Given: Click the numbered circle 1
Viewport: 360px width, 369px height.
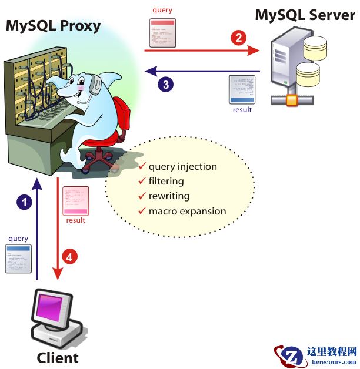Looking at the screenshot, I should click(24, 202).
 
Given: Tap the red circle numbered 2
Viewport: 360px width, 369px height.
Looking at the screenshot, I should click(238, 39).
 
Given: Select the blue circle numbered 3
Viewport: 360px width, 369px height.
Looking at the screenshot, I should click(166, 85).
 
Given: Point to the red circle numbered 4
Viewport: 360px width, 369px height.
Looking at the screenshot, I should click(69, 257).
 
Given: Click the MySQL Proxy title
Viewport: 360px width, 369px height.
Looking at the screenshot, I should click(54, 26).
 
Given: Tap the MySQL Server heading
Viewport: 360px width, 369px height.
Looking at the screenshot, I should click(304, 15).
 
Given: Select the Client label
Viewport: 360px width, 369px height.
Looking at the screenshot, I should click(58, 357).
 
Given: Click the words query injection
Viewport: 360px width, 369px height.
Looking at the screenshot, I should click(182, 166).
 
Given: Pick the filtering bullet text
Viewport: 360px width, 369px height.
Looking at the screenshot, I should click(166, 181).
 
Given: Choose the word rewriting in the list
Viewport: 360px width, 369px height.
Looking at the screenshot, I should click(169, 196).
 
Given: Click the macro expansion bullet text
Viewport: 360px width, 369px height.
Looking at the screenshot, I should click(187, 211).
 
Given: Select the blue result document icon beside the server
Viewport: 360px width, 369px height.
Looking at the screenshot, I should click(242, 89).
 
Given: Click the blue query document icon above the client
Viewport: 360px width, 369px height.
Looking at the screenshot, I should click(18, 258).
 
